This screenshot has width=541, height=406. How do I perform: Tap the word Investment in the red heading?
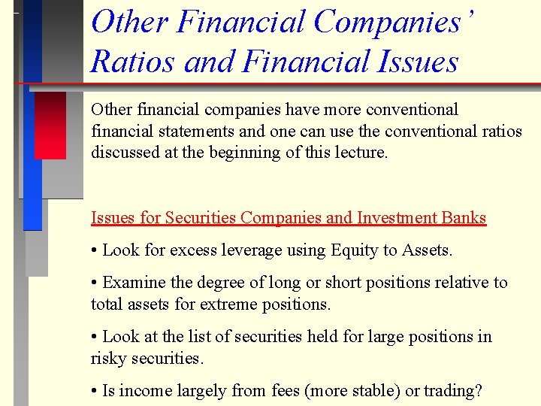point(396,218)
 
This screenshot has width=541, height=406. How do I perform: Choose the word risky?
point(108,359)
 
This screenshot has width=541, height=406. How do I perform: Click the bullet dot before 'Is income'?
point(94,392)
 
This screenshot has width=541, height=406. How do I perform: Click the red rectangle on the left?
point(50,125)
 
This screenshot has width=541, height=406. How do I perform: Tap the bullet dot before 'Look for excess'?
point(94,251)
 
